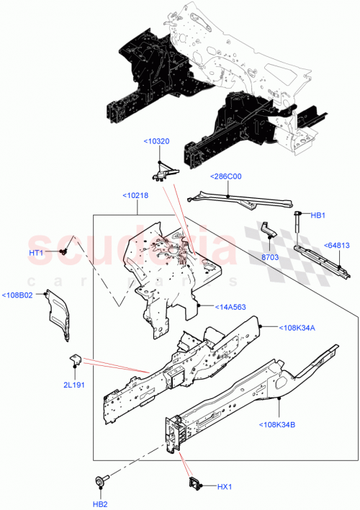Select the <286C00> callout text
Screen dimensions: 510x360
[225, 176]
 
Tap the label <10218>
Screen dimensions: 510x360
[137, 195]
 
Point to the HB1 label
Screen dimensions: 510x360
[318, 215]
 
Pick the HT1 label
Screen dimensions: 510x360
[37, 253]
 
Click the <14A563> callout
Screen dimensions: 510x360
[230, 307]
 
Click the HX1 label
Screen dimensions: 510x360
[225, 487]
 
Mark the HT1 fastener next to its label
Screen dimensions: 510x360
[63, 252]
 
